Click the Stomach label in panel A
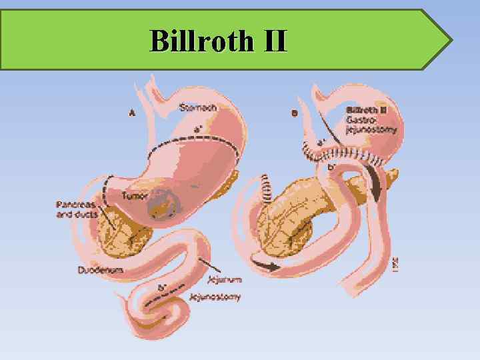[x=197, y=107]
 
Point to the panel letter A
[x=132, y=113]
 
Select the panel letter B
[x=295, y=113]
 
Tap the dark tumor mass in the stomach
[x=163, y=203]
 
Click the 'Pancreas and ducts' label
[x=77, y=209]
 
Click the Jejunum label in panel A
[x=225, y=280]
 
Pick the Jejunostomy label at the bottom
[x=215, y=297]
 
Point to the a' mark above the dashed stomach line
[x=198, y=129]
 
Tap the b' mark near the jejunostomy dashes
[x=161, y=287]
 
